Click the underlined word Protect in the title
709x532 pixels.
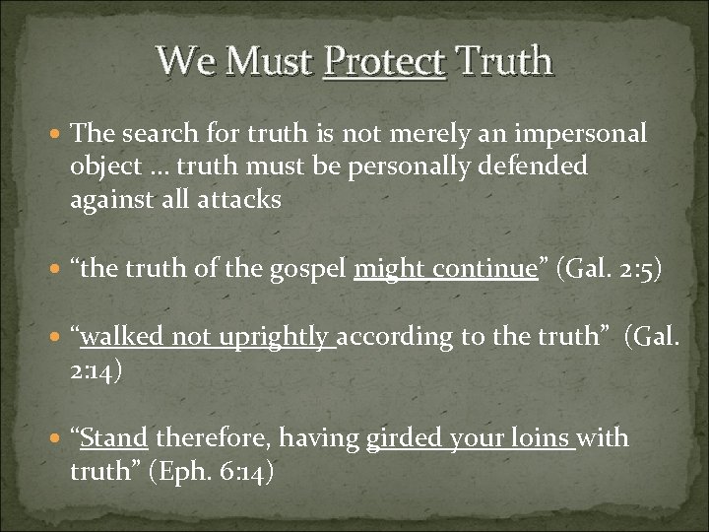click(x=385, y=62)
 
